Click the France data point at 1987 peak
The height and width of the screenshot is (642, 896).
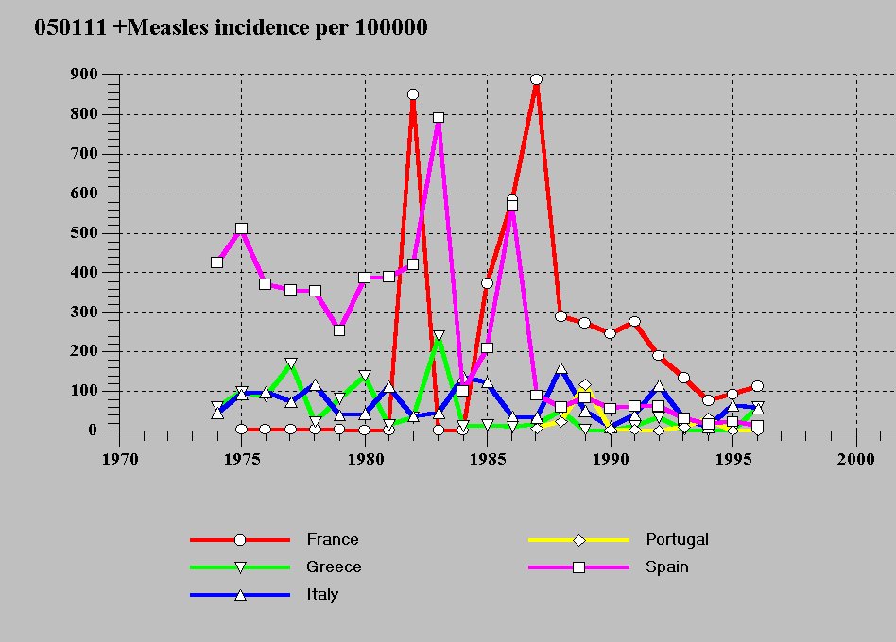(536, 79)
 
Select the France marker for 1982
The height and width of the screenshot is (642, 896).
(413, 94)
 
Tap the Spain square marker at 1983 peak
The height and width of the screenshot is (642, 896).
(439, 118)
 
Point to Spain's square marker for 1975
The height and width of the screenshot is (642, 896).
(241, 228)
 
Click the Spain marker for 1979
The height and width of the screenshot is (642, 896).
(339, 330)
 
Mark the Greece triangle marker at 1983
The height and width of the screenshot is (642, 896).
(439, 336)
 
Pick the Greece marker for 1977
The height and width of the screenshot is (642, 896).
(291, 363)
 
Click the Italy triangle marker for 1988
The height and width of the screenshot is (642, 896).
(560, 369)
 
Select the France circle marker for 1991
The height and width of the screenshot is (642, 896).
(634, 322)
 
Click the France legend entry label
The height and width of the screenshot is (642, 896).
(332, 540)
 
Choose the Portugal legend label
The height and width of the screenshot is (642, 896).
(677, 540)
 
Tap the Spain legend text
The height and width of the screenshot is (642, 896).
(667, 567)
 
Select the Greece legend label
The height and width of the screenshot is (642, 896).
(334, 567)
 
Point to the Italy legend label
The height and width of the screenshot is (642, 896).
(322, 595)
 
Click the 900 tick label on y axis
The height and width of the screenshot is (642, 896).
(83, 75)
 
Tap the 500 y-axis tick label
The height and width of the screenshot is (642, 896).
(83, 232)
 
